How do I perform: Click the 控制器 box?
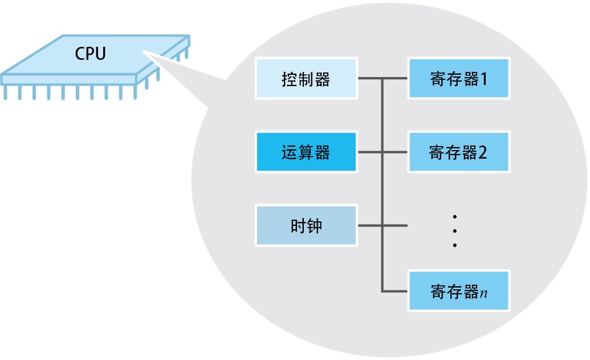tap(307, 78)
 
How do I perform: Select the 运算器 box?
tap(307, 152)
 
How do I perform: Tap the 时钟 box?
tap(307, 225)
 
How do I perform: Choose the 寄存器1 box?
tap(458, 78)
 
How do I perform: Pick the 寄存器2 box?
tap(458, 152)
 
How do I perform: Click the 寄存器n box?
tap(458, 291)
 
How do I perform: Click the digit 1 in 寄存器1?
tap(484, 78)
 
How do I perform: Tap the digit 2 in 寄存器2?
tap(483, 153)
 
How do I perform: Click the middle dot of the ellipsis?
tap(455, 230)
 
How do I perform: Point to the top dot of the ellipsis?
tap(455, 216)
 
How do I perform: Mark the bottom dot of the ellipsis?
tap(455, 245)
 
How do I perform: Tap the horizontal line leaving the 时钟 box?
tap(371, 225)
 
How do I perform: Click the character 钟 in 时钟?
tap(315, 226)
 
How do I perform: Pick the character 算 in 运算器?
tap(306, 153)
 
